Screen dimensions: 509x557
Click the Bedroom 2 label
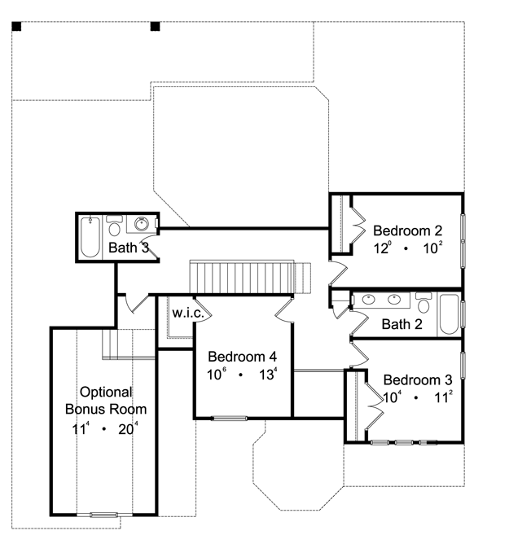[407, 231]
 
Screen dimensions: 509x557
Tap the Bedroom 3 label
[418, 380]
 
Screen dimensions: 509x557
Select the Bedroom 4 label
[242, 357]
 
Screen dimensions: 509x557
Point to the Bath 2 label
[401, 324]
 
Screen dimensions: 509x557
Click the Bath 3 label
[129, 248]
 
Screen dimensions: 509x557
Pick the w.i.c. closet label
[188, 313]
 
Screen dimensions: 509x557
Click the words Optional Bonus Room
[106, 401]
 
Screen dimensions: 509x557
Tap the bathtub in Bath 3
[90, 237]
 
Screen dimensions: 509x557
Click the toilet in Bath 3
[114, 226]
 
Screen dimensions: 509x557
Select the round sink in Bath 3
[142, 224]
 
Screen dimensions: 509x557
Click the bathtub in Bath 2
[449, 314]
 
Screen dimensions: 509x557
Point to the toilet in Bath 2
[423, 302]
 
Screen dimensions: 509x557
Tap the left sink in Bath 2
[368, 300]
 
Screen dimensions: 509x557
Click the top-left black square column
[16, 27]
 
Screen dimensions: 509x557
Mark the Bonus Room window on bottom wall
[103, 515]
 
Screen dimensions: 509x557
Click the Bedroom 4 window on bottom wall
[230, 419]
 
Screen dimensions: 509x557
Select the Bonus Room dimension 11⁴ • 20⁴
[105, 429]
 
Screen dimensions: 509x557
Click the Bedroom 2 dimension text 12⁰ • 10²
[408, 248]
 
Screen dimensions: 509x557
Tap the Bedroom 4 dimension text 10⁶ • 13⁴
[242, 374]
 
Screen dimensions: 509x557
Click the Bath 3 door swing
[153, 246]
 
